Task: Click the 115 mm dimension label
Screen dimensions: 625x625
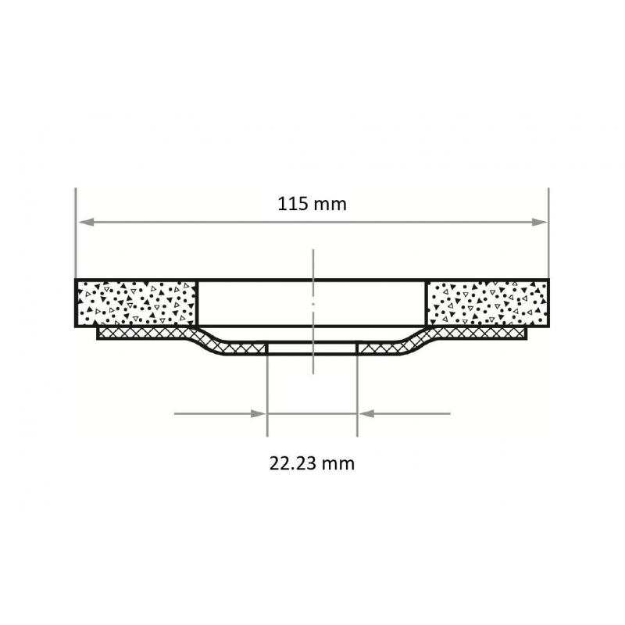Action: click(312, 205)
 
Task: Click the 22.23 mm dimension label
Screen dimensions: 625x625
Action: click(312, 463)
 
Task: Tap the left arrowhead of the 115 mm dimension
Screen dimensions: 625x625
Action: click(83, 222)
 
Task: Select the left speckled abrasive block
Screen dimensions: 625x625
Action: click(136, 302)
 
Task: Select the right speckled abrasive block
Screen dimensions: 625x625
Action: click(487, 302)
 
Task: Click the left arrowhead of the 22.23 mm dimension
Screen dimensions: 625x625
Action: click(260, 413)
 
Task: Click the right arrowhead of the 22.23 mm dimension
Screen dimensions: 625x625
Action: click(364, 413)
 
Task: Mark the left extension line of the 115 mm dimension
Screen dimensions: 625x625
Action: click(75, 234)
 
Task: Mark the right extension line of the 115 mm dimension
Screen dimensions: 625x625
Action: click(548, 234)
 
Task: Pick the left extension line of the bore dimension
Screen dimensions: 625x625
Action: click(267, 391)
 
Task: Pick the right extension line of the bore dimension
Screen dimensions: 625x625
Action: click(357, 391)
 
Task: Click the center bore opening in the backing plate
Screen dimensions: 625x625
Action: click(312, 348)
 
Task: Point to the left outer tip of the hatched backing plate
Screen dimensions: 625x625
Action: click(98, 334)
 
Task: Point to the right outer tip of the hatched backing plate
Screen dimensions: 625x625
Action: click(526, 334)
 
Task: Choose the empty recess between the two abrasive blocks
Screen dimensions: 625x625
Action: click(312, 302)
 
